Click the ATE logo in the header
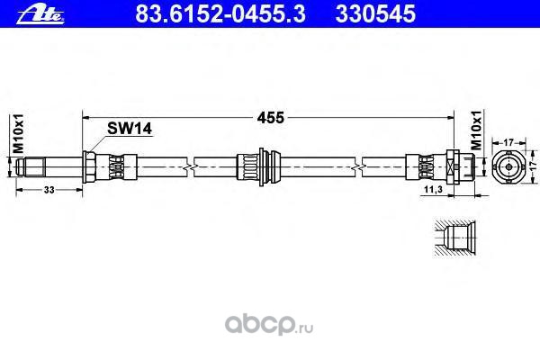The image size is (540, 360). pos(40,15)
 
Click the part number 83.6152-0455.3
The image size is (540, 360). pos(220,14)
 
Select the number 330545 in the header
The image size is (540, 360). pos(375,14)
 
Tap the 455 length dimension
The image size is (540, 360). pos(270,118)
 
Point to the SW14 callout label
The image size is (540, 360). pos(130,129)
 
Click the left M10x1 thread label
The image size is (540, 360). pos(18,133)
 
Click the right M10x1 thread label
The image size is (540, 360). pos(476,130)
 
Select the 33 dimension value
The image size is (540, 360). pos(49,190)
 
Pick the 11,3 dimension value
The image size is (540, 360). pos(433,189)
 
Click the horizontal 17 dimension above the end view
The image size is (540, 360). pos(508,141)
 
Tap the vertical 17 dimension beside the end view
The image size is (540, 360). pos(533,166)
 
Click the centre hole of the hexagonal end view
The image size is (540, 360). pos(508,166)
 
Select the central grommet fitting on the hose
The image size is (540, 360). pos(258,167)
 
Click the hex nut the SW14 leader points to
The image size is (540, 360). pos(89,167)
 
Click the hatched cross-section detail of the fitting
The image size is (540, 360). pos(454,238)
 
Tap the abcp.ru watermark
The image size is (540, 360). pos(269,324)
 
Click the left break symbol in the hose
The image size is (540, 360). pos(191,167)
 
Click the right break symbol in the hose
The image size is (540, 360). pos(359,167)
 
